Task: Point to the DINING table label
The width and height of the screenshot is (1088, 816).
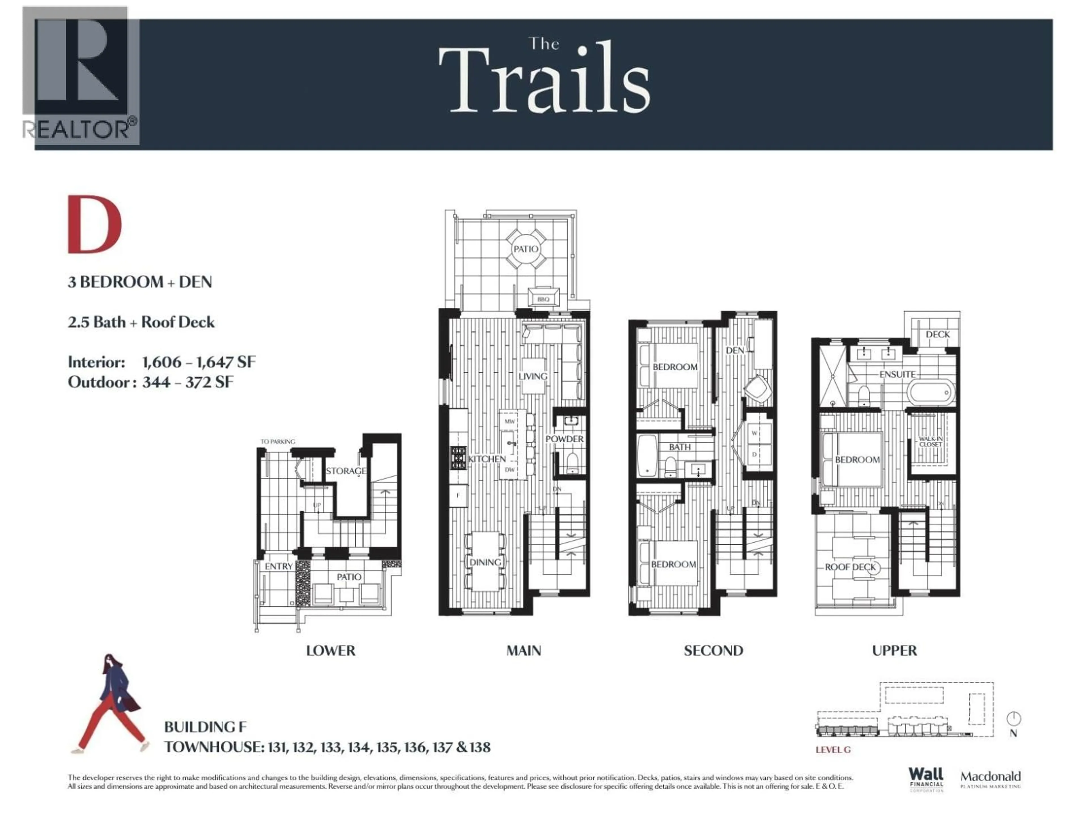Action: tap(485, 562)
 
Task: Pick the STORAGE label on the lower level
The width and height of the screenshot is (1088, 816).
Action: tap(346, 471)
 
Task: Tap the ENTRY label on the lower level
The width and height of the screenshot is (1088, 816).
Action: tap(279, 566)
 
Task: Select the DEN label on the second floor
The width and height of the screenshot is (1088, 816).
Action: tap(735, 350)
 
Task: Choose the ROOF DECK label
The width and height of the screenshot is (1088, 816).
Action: tap(851, 567)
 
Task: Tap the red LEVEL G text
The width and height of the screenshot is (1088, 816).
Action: tap(833, 750)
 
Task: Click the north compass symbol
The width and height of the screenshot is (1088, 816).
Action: tap(1013, 719)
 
